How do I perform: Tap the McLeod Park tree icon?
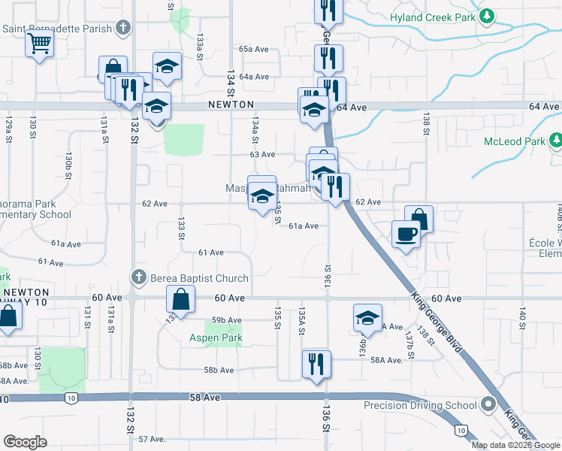[555, 141]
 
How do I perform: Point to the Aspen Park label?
[215, 338]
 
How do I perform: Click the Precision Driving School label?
[421, 405]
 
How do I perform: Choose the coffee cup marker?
[406, 235]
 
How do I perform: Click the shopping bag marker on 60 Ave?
[183, 300]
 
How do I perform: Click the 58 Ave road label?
[204, 396]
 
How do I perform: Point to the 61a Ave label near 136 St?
[304, 225]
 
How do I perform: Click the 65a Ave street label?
[254, 49]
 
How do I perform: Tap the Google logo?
[25, 442]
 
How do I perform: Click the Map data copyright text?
[515, 445]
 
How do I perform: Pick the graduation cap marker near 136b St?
[367, 318]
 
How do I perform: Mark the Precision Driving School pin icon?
[488, 405]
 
